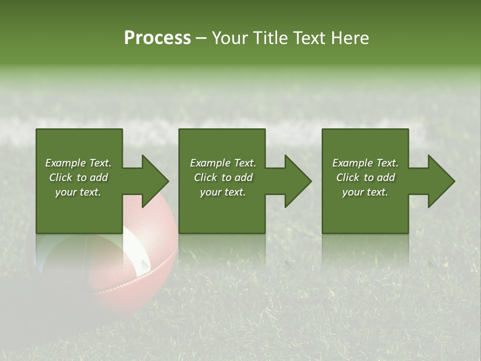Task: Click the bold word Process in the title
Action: tap(157, 38)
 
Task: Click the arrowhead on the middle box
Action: tap(297, 181)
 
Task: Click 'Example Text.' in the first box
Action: tap(78, 163)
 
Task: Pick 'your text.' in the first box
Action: tap(78, 192)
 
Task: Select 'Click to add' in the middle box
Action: tap(223, 177)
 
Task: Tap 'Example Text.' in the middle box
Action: tap(223, 163)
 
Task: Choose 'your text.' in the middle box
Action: tap(223, 192)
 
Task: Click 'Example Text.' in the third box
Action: tap(365, 163)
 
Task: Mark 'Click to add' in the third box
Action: tap(365, 177)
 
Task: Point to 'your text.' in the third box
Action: tap(365, 192)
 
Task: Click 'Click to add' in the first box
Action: tap(78, 177)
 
